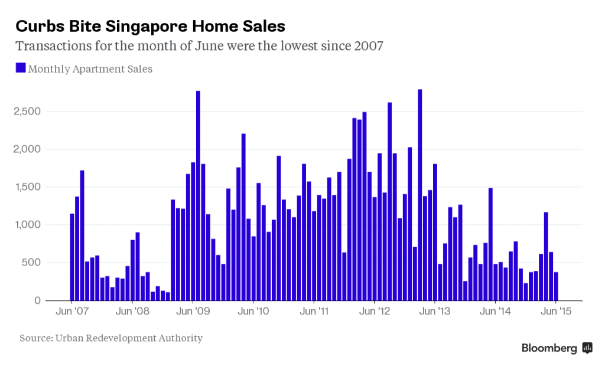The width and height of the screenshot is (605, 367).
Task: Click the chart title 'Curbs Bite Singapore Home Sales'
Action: tap(150, 26)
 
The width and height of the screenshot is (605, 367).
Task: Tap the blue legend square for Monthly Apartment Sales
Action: tap(21, 68)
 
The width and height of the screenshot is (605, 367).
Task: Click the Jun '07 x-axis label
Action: tap(72, 311)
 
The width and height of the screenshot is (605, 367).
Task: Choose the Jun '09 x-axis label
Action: tap(194, 311)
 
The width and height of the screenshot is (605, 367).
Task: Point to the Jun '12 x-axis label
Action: tap(375, 311)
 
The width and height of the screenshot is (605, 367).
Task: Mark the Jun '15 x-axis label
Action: tap(556, 311)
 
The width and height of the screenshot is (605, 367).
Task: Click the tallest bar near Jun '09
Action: tap(198, 195)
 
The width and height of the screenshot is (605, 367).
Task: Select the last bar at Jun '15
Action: tap(556, 286)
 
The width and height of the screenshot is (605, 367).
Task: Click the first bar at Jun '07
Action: tap(72, 257)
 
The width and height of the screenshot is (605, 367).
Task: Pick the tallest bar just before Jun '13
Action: tap(419, 195)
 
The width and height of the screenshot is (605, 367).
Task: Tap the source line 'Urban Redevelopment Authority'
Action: tap(111, 338)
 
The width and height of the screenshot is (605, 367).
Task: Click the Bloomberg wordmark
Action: tap(549, 348)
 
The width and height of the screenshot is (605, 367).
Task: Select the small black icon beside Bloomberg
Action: tap(587, 348)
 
